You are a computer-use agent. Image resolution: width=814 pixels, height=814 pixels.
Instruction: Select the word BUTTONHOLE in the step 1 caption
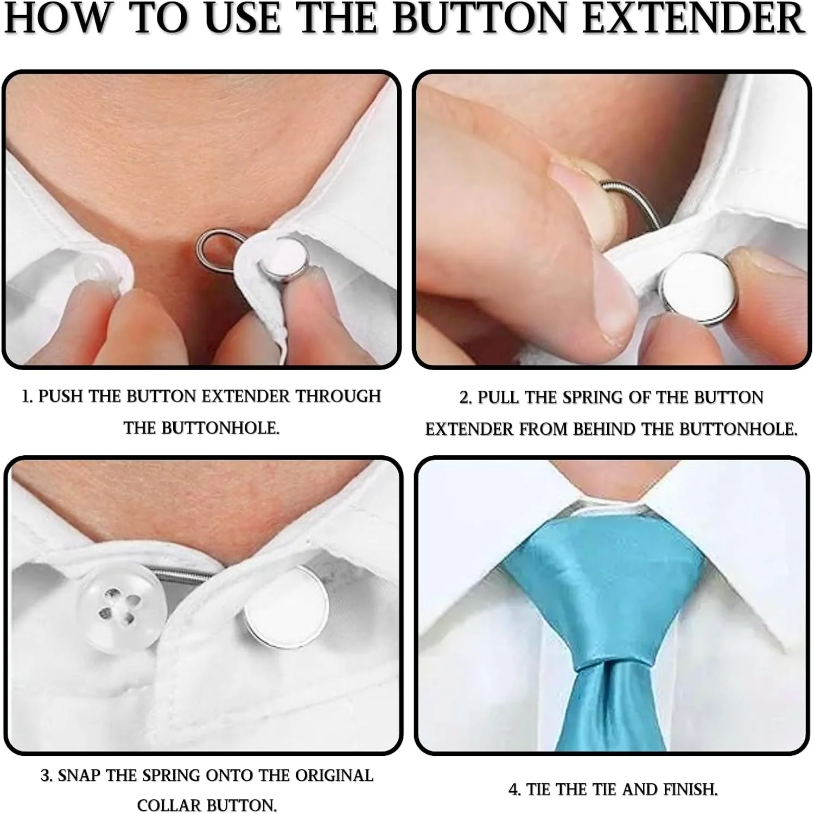pyautogui.click(x=201, y=428)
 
